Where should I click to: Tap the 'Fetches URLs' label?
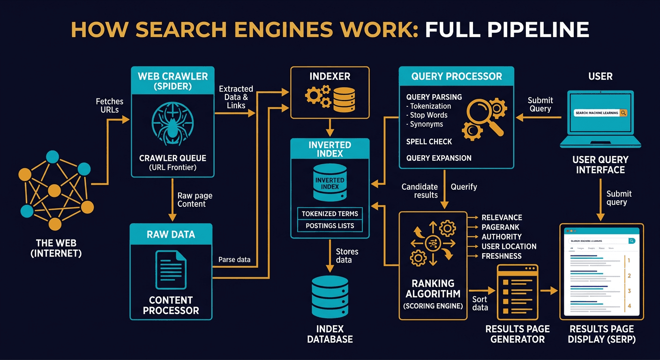tap(110, 105)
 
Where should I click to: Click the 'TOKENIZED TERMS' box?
tap(330, 214)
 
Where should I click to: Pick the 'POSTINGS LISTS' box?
tap(330, 226)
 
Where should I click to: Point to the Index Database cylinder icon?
tap(330, 296)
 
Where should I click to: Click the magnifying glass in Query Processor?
tap(483, 115)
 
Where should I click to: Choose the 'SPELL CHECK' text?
tap(429, 142)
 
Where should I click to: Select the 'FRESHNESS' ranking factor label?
tap(502, 256)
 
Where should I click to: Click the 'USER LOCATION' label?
tap(509, 247)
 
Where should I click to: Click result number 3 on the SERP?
tap(629, 291)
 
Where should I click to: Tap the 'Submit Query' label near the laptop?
tap(540, 104)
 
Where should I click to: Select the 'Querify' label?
tap(464, 187)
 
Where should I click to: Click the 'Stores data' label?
tap(347, 255)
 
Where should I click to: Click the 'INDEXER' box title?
tap(330, 76)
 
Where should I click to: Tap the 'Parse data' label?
tap(234, 259)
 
